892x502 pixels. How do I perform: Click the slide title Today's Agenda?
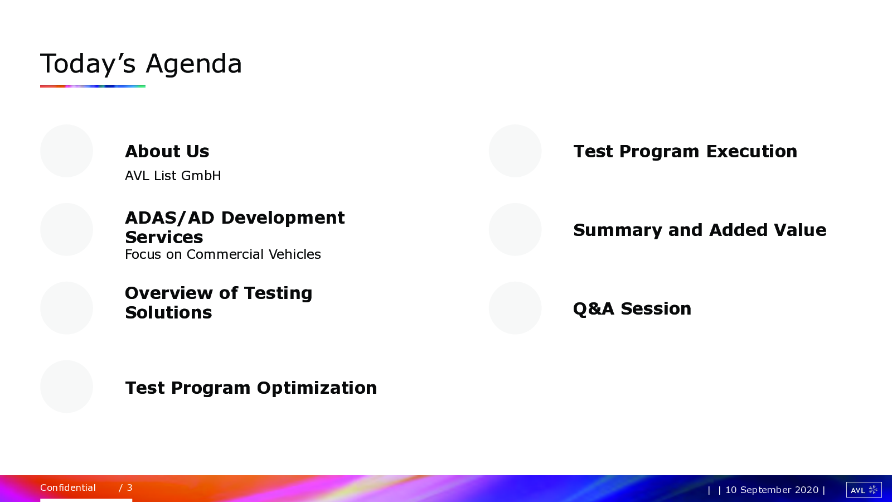[141, 64]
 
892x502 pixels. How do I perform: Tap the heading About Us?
[167, 151]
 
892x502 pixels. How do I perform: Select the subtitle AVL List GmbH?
[173, 176]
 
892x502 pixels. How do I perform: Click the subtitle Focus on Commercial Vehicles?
[222, 254]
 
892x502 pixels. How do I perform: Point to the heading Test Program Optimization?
[251, 388]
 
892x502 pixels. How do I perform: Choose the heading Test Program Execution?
[685, 152]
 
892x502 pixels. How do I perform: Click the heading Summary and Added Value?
[700, 230]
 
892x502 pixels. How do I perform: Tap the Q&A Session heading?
[632, 309]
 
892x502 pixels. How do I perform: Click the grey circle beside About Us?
[66, 151]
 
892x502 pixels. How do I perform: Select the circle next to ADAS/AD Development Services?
[66, 229]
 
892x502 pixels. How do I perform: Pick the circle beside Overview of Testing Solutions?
[66, 308]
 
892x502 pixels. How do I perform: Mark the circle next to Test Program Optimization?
[66, 387]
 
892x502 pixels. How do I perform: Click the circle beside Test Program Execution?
[515, 151]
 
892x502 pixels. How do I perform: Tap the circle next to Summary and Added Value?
[515, 229]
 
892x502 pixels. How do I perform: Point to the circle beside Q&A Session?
[515, 308]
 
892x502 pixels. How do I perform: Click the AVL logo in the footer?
[864, 490]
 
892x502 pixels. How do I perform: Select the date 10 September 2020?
[772, 490]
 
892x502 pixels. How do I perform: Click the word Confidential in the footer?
[68, 487]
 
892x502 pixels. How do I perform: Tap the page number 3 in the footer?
[129, 487]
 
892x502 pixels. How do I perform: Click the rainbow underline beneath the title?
[93, 86]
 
